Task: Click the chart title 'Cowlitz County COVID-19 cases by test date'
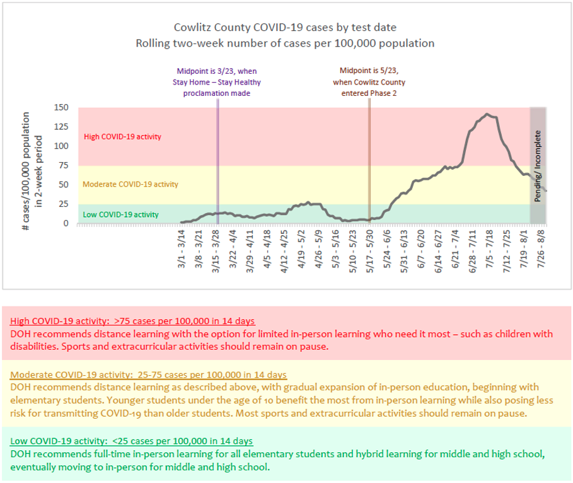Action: click(286, 28)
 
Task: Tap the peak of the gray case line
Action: click(487, 114)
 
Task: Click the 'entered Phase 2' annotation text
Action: click(369, 93)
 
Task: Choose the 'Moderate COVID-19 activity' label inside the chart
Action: click(130, 185)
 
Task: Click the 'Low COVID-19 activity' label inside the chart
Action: click(120, 215)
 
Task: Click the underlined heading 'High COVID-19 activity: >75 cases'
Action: click(133, 320)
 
